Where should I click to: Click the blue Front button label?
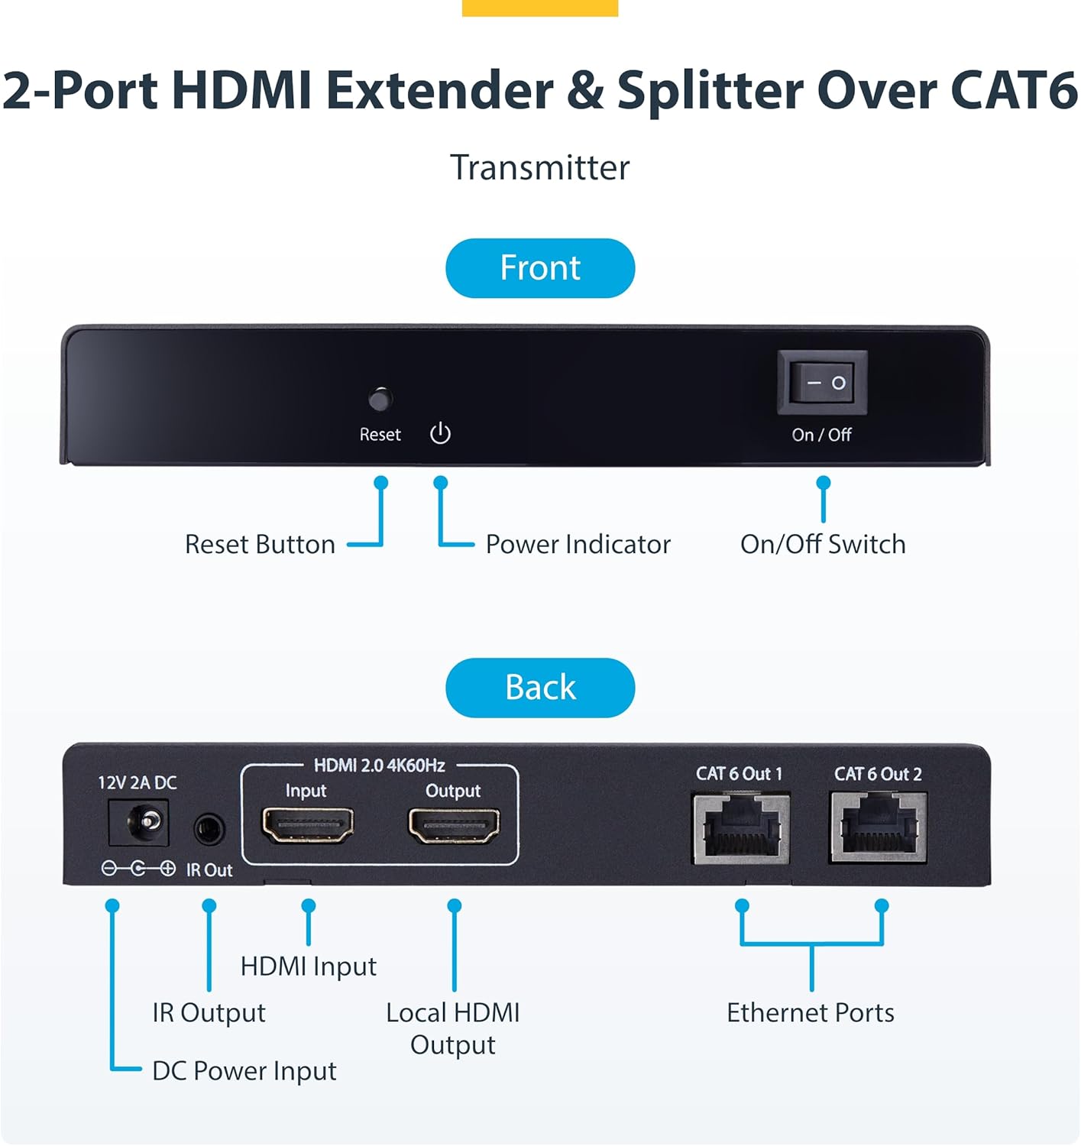coord(540,268)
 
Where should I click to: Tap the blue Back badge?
coord(540,687)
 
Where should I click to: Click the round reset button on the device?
coord(380,399)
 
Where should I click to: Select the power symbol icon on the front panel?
coord(440,433)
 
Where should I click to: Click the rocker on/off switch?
coord(822,382)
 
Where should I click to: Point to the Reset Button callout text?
coord(260,544)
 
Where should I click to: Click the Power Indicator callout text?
coord(578,544)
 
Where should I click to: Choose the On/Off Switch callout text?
coord(823,544)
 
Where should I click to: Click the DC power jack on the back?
coord(139,822)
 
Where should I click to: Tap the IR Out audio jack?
coord(209,829)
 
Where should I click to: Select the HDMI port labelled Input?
coord(307,825)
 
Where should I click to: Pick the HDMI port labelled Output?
coord(454,826)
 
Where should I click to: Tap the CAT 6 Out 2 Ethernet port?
coord(879,827)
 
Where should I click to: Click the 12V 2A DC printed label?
coord(137,782)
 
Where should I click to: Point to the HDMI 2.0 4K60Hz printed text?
coord(379,765)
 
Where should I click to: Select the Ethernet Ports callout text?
coord(810,1012)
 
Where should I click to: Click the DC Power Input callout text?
coord(244,1070)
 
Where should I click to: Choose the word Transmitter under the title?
coord(539,167)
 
